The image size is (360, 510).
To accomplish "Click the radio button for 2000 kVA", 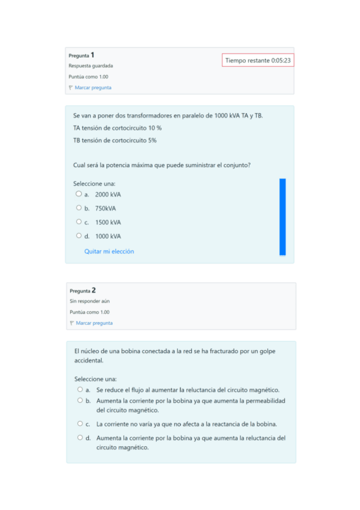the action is pyautogui.click(x=78, y=194).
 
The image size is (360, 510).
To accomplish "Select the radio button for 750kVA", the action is pyautogui.click(x=78, y=208).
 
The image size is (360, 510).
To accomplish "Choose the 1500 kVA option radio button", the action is pyautogui.click(x=78, y=222).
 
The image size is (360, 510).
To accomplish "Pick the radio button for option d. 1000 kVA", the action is pyautogui.click(x=78, y=236).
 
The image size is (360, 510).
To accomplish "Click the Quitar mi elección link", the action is pyautogui.click(x=109, y=251).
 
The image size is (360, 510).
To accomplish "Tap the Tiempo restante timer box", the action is pyautogui.click(x=258, y=60).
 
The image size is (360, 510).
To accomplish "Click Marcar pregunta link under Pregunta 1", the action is pyautogui.click(x=93, y=88).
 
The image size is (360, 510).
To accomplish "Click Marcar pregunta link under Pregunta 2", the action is pyautogui.click(x=94, y=323).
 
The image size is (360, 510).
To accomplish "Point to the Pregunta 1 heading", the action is pyautogui.click(x=82, y=55).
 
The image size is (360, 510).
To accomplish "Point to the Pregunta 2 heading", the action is pyautogui.click(x=83, y=290).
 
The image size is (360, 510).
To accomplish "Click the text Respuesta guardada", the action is pyautogui.click(x=91, y=66).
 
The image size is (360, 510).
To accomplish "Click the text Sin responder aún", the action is pyautogui.click(x=90, y=301).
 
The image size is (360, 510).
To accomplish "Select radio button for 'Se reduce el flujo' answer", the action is pyautogui.click(x=79, y=390).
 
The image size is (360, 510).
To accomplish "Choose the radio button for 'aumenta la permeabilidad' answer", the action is pyautogui.click(x=79, y=401).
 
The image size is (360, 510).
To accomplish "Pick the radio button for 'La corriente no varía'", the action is pyautogui.click(x=79, y=423).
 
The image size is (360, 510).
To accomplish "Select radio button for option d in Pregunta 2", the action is pyautogui.click(x=79, y=438).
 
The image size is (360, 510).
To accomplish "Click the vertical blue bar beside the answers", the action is pyautogui.click(x=282, y=217).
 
